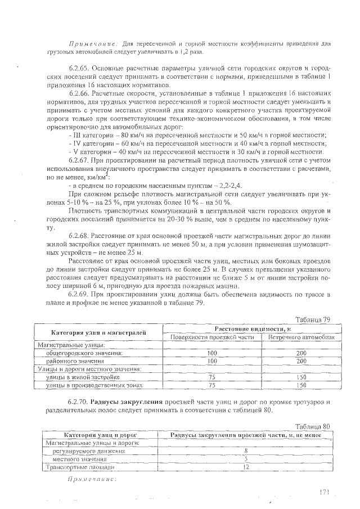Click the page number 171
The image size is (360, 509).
point(322,492)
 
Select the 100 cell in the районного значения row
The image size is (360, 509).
point(212,361)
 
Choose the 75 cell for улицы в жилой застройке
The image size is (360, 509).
point(212,377)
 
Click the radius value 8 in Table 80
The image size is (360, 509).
point(246,451)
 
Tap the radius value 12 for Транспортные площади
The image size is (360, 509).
point(246,467)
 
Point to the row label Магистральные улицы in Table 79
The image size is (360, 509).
point(60,344)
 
